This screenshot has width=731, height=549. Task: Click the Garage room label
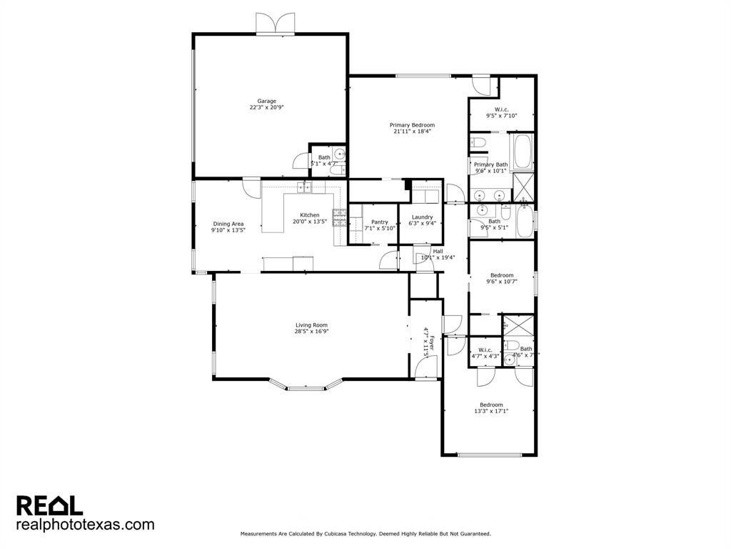pos(267,102)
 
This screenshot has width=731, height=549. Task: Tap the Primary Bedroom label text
pos(412,125)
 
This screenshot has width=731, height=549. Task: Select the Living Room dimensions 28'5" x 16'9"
pos(311,332)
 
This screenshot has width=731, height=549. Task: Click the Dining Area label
pos(228,224)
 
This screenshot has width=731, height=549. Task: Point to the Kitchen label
pos(309,215)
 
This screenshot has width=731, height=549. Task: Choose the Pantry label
pos(380,222)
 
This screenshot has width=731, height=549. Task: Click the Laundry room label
pos(422,217)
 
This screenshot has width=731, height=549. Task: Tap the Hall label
pos(438,251)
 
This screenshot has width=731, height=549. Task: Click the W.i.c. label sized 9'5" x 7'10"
pos(501,109)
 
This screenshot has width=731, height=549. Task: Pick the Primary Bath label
pos(490,164)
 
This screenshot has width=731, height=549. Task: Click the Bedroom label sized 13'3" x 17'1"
pos(490,405)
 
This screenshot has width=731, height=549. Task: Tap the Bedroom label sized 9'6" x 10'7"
pos(501,275)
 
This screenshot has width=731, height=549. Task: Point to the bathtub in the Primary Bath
pos(522,151)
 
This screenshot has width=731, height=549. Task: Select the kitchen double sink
pos(306,187)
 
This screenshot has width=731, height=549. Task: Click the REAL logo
pos(50,505)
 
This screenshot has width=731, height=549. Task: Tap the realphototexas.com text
pos(85,525)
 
